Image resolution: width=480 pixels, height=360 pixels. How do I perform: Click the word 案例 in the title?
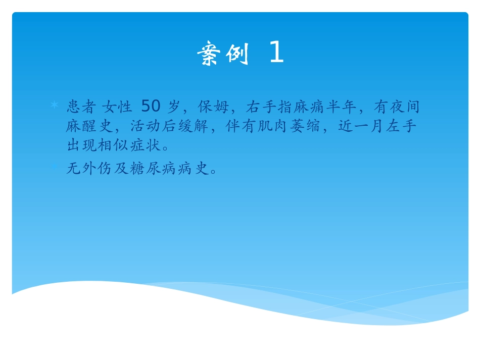[223, 54]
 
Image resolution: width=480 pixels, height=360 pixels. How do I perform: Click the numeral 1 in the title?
[276, 54]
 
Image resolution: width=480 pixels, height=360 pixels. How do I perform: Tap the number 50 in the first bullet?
[151, 107]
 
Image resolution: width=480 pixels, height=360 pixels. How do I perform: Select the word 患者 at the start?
[81, 107]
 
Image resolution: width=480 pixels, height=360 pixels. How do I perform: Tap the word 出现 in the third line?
[81, 146]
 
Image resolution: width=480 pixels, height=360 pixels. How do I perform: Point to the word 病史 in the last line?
[195, 169]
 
